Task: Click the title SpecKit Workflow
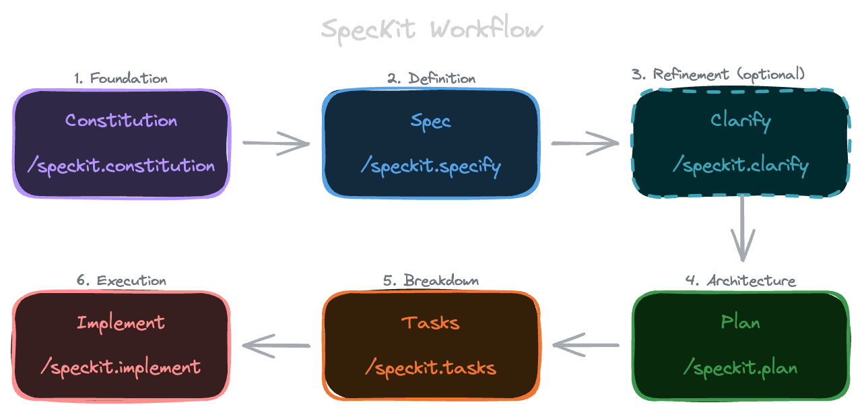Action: point(431,30)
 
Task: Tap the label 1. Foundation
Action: point(121,78)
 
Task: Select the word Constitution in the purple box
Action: point(121,121)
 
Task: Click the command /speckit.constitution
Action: point(121,166)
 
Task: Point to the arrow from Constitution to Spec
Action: point(276,143)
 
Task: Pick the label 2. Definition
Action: point(431,78)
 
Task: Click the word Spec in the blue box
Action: point(431,121)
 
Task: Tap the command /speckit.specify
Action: point(431,166)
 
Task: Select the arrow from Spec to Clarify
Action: point(585,143)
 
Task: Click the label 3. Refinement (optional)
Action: point(718,74)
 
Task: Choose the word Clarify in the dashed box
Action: point(741,121)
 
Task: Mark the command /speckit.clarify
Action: point(741,166)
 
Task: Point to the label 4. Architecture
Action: point(741,280)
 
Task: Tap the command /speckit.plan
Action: point(741,368)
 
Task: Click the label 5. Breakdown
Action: point(431,280)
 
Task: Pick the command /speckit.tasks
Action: point(431,368)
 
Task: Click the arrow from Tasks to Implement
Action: point(276,346)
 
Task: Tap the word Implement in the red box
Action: point(121,323)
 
